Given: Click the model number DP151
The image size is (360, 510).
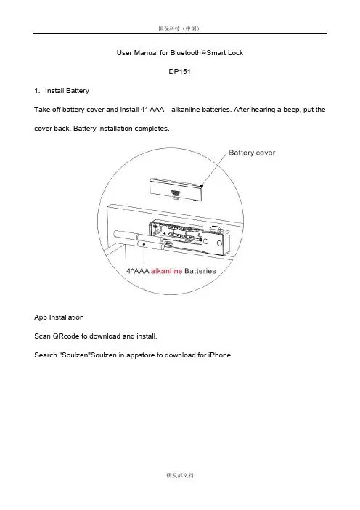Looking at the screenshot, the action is pyautogui.click(x=179, y=71).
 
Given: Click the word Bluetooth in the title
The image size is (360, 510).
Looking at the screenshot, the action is pyautogui.click(x=186, y=53).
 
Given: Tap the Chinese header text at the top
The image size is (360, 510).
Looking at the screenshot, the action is pyautogui.click(x=179, y=28).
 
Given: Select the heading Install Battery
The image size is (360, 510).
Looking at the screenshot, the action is pyautogui.click(x=67, y=91).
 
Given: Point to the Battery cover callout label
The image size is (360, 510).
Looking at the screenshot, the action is pyautogui.click(x=252, y=153).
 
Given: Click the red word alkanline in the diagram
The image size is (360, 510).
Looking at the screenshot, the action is pyautogui.click(x=166, y=271).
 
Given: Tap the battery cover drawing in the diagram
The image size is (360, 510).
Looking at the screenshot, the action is pyautogui.click(x=176, y=190).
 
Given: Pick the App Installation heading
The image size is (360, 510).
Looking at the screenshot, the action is pyautogui.click(x=59, y=317).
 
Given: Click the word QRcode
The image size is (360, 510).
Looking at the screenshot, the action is pyautogui.click(x=66, y=336).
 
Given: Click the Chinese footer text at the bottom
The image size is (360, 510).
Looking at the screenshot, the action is pyautogui.click(x=180, y=475).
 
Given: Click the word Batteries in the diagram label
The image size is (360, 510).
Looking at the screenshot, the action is pyautogui.click(x=200, y=271).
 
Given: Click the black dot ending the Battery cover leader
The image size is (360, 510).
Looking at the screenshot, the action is pyautogui.click(x=202, y=186).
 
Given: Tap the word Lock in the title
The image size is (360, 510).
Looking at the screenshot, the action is pyautogui.click(x=236, y=53).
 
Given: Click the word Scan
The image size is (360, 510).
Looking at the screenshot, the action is pyautogui.click(x=42, y=336).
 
